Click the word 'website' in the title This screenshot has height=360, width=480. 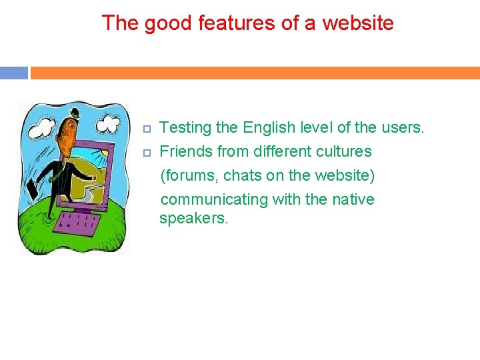358,23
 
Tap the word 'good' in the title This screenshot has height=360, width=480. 158,23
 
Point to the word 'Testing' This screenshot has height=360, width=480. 185,127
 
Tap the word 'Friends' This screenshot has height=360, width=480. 187,151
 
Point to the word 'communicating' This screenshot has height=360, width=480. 214,199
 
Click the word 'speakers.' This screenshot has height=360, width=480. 193,219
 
